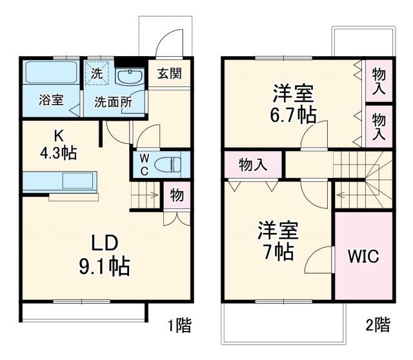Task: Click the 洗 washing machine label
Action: pos(96,73)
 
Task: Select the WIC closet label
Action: pos(363,255)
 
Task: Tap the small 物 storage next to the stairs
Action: pos(176,195)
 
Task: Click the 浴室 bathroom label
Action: pos(50,101)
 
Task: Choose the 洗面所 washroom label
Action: pos(113,102)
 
